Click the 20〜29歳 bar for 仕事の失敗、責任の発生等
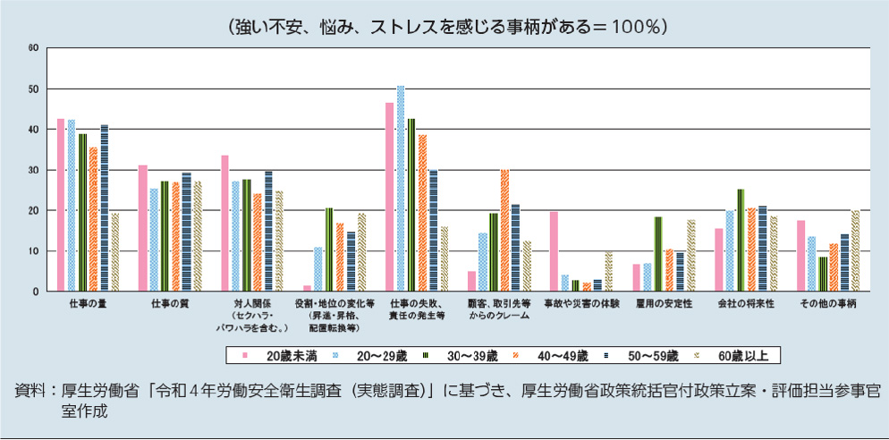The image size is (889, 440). [401, 189]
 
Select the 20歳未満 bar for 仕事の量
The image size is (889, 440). [61, 205]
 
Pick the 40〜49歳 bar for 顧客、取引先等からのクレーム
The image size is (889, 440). [504, 230]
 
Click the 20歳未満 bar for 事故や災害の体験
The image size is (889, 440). [554, 251]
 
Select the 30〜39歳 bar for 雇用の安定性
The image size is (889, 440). [658, 254]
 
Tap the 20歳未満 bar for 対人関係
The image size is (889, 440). [225, 223]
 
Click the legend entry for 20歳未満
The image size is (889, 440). [280, 355]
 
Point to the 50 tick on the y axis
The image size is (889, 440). [33, 89]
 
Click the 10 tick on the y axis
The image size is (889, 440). [33, 251]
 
